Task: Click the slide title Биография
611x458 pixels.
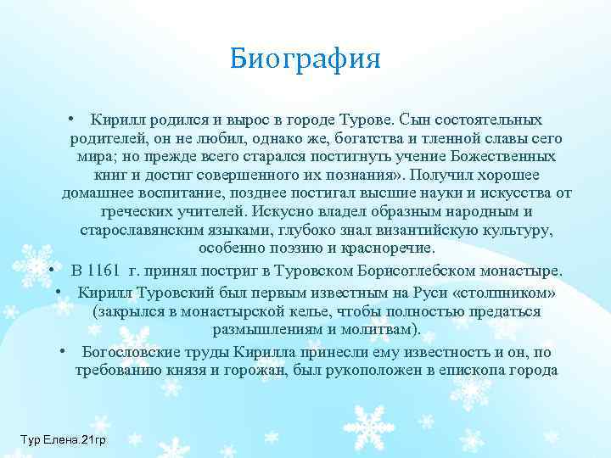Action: pos(305,60)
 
